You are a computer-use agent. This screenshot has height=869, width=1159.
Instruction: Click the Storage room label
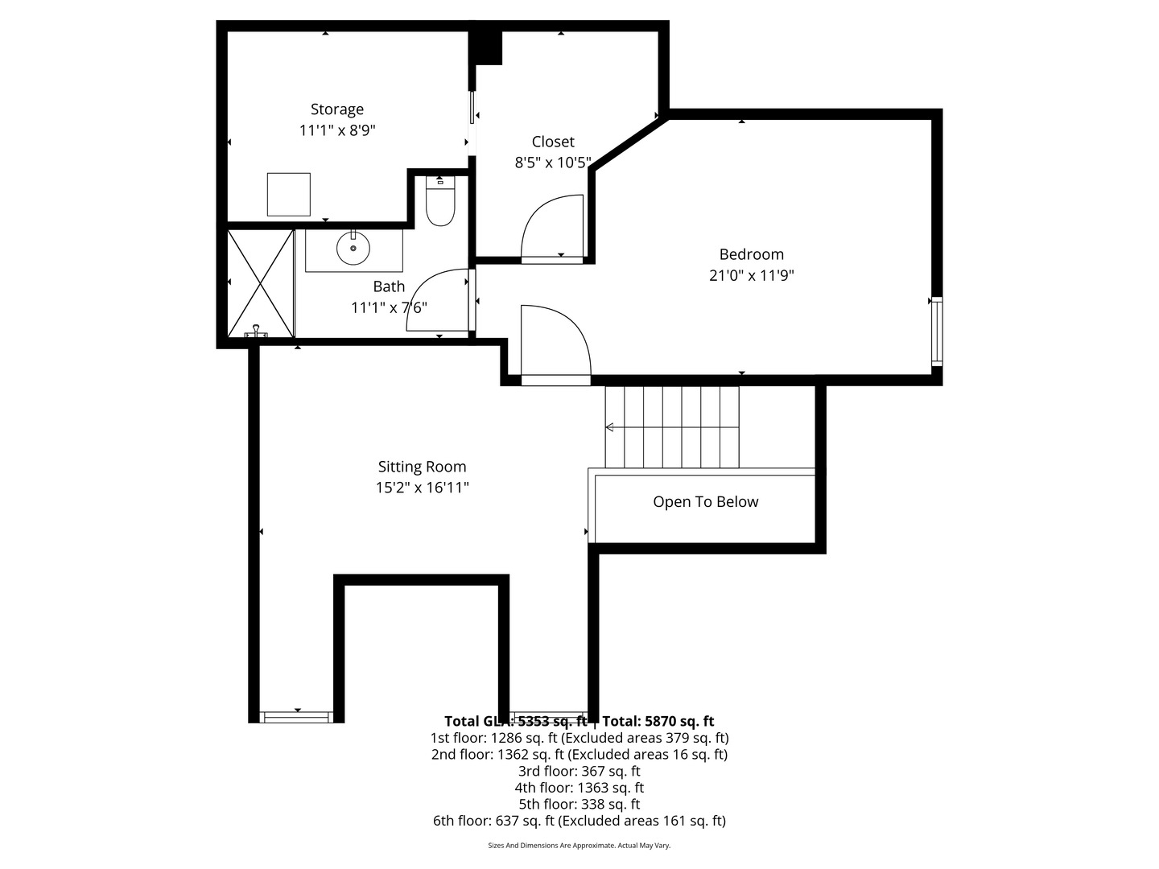[x=337, y=109]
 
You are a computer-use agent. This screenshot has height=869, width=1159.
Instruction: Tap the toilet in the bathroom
[x=440, y=204]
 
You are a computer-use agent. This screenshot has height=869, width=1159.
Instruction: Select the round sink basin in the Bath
[x=353, y=249]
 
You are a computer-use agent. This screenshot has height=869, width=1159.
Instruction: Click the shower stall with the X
[x=260, y=283]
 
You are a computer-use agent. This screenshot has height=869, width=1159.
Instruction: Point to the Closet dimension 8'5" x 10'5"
[x=553, y=163]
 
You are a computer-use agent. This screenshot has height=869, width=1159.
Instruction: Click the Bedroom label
[x=751, y=254]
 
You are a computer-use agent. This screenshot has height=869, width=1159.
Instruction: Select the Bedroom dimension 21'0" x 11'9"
[x=751, y=275]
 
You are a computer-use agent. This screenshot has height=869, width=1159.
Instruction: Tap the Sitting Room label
[x=422, y=467]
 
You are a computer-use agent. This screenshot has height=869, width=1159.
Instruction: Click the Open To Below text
[x=705, y=502]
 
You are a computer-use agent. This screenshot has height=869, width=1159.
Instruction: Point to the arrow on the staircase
[x=610, y=427]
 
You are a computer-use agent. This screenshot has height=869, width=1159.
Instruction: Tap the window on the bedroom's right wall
[x=936, y=332]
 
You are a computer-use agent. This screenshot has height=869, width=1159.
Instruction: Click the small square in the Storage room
[x=288, y=194]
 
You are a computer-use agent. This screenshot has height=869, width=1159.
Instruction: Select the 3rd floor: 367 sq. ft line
[x=579, y=771]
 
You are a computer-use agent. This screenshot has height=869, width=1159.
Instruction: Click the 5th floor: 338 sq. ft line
[x=579, y=804]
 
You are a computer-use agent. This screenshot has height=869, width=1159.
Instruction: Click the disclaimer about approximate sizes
[x=579, y=846]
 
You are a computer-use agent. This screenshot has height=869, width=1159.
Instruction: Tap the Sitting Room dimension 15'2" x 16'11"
[x=422, y=488]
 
